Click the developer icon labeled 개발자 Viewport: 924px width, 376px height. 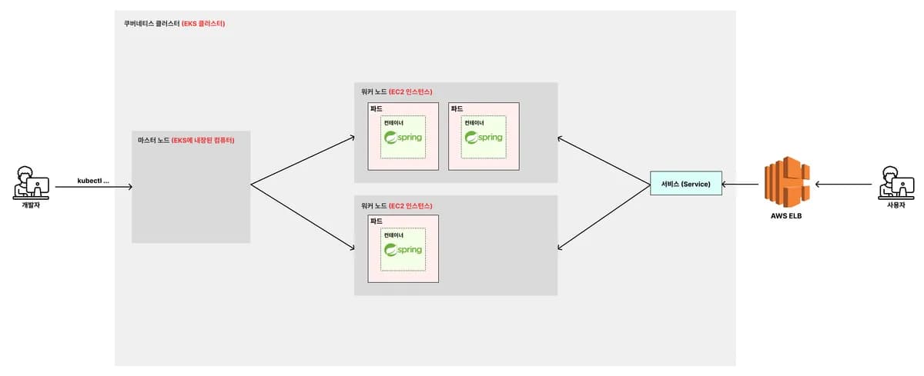pos(31,183)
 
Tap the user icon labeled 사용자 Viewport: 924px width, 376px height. pos(896,183)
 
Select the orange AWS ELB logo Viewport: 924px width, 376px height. pos(787,181)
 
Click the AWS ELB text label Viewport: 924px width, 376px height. pos(786,216)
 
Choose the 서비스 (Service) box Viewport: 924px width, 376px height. pos(686,183)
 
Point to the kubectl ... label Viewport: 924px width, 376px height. pos(93,181)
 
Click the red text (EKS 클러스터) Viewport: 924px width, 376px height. pos(203,24)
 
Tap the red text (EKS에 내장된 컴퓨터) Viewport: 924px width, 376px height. pos(203,140)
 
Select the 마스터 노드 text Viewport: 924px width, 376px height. pos(153,140)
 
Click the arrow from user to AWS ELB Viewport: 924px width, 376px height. pos(844,184)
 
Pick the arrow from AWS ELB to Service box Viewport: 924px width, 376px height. pos(740,184)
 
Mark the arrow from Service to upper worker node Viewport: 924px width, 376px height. pos(604,161)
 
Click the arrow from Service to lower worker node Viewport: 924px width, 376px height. pos(604,217)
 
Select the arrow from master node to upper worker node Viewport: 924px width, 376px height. pos(303,160)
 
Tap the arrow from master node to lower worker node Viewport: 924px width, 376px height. pos(303,217)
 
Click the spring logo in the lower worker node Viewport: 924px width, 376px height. pos(403,250)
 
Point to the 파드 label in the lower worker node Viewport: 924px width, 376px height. pos(377,221)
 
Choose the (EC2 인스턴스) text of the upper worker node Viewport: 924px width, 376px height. pos(410,92)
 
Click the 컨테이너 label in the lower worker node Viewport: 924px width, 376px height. pos(393,235)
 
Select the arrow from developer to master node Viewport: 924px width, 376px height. pos(94,187)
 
